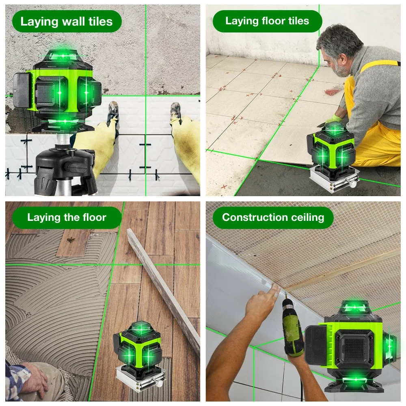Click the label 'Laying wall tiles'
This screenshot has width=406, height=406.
pyautogui.click(x=66, y=22)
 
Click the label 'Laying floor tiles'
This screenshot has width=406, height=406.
pyautogui.click(x=267, y=21)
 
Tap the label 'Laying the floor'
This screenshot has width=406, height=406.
pyautogui.click(x=66, y=217)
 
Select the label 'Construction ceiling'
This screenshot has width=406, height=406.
pyautogui.click(x=273, y=217)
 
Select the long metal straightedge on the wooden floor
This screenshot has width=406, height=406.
pyautogui.click(x=162, y=284)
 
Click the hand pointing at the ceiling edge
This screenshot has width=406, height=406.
pyautogui.click(x=262, y=302)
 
